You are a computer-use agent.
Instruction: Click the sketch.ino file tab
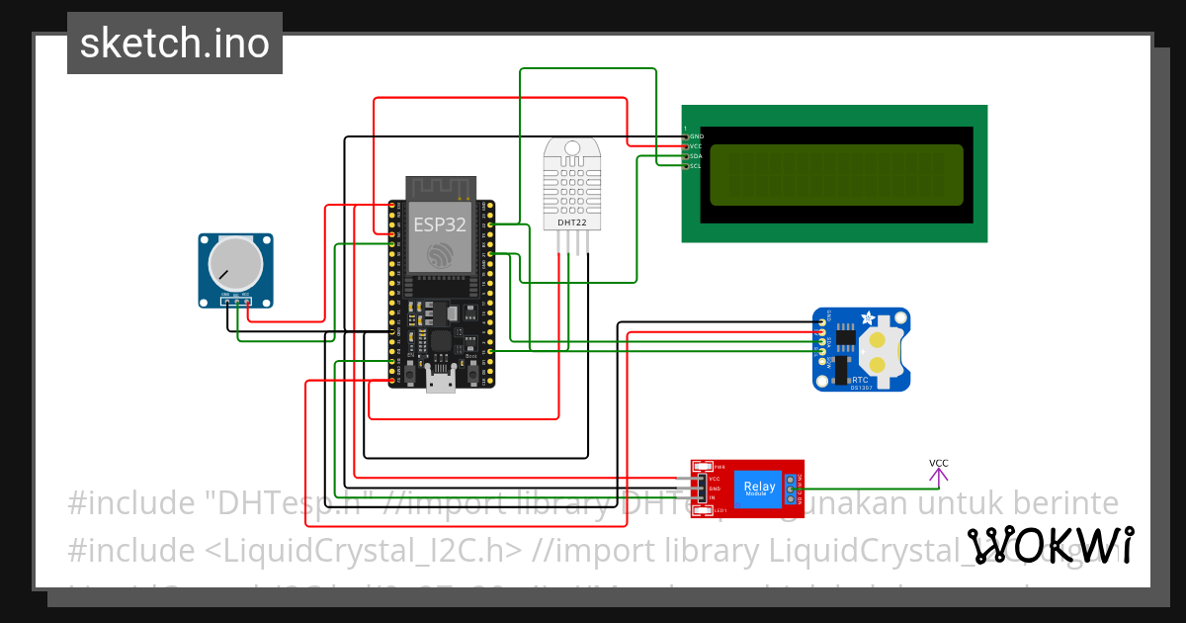point(175,44)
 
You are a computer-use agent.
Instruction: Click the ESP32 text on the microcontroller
point(440,224)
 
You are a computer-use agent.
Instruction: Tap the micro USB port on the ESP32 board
point(440,380)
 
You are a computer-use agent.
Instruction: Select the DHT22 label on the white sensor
point(571,222)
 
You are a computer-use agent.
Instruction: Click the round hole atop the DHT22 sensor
point(571,149)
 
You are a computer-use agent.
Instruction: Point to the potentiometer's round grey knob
point(235,263)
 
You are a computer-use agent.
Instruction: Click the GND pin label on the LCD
point(696,135)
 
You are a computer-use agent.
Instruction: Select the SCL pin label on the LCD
point(696,166)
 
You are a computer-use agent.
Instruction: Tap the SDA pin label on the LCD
point(696,156)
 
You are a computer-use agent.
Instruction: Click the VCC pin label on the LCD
point(696,145)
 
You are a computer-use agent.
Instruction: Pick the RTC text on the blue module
point(860,379)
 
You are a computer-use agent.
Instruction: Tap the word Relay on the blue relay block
point(759,486)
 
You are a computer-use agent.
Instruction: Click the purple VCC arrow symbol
point(938,477)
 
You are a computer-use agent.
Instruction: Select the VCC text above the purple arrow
point(938,463)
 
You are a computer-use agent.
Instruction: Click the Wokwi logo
point(1050,545)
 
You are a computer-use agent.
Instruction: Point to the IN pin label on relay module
point(713,498)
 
